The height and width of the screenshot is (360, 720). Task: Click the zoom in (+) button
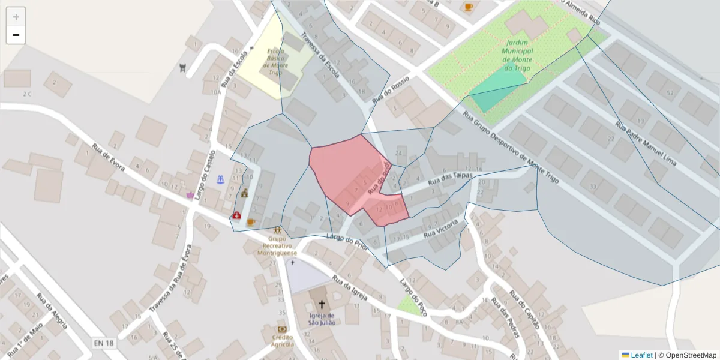tap(16, 17)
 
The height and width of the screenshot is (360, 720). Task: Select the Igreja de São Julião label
tap(321, 319)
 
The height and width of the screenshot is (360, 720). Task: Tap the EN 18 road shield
tap(104, 343)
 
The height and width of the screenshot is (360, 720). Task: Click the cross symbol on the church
tap(322, 304)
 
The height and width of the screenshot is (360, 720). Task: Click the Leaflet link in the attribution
tap(641, 355)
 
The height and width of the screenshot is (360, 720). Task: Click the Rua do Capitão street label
tap(524, 310)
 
